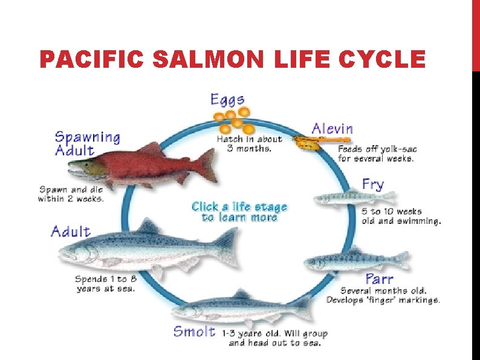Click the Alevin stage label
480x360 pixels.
click(332, 128)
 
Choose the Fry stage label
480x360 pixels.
click(372, 184)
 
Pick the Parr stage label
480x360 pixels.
click(380, 280)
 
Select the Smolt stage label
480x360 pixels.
click(194, 331)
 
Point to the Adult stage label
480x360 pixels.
click(71, 231)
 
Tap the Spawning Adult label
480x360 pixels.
click(88, 143)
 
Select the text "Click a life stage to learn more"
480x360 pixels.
click(239, 212)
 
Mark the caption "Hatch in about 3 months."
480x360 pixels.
click(249, 143)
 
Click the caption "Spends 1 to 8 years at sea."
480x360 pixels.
click(105, 284)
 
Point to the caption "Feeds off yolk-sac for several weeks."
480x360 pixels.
click(377, 154)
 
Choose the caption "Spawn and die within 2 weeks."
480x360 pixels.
click(71, 193)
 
